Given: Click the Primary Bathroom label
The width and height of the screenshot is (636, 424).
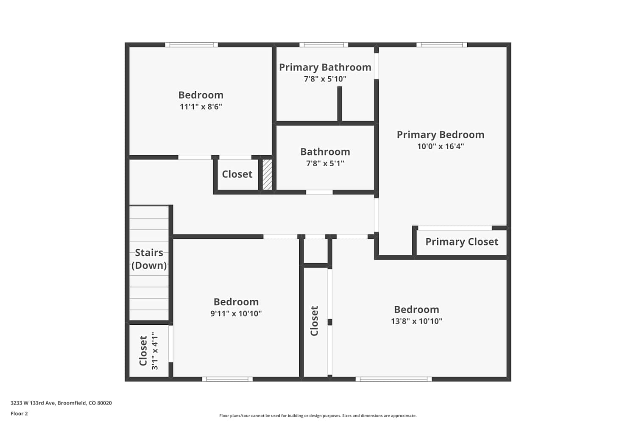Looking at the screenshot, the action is pos(325,67).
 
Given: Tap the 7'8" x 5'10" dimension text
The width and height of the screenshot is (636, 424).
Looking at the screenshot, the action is pos(325,79).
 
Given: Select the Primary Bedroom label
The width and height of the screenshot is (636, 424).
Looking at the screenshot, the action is pos(441,134).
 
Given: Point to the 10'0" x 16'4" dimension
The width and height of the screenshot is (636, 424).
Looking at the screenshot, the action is pos(441,146).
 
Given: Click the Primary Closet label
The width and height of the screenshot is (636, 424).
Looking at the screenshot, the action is pos(462,242).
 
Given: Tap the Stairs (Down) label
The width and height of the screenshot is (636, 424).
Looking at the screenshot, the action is pos(149,259).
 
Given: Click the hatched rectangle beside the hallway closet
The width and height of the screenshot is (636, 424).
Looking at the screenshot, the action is pos(267,175).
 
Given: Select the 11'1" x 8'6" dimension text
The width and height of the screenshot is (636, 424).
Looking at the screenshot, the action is pos(201,107).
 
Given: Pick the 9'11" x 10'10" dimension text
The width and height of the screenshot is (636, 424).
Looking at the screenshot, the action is pos(236,313).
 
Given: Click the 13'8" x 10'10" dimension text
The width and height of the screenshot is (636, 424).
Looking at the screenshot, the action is pos(416,321).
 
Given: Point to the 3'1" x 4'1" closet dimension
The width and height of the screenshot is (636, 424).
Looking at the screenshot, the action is pos(155,351).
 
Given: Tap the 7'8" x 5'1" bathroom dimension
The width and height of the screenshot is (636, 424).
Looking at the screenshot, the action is pos(325,163).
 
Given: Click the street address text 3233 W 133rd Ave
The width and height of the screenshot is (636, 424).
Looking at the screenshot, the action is pos(33,403).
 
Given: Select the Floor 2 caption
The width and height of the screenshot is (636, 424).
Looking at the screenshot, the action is pos(20,413).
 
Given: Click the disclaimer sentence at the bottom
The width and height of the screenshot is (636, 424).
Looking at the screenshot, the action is pos(318,416).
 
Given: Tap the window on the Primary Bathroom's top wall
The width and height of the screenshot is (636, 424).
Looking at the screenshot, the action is pos(324,45).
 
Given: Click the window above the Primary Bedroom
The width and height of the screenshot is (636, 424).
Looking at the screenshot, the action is pos(441,45).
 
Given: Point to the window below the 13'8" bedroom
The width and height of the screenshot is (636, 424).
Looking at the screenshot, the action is pos(393,379).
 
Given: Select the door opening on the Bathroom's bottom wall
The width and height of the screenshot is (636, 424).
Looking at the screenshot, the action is pos(319,192).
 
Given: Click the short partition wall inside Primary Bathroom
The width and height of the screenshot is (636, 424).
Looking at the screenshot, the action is pos(340,104).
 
